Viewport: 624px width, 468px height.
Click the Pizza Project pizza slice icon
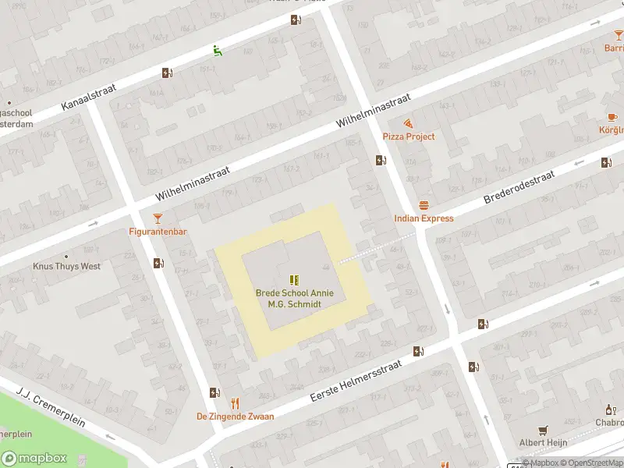pyautogui.click(x=408, y=124)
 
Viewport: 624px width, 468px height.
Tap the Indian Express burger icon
pyautogui.click(x=424, y=206)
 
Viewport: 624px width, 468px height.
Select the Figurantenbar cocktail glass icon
pyautogui.click(x=158, y=218)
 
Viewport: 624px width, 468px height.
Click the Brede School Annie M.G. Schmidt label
pyautogui.click(x=295, y=298)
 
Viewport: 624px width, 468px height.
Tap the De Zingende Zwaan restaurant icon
pyautogui.click(x=235, y=403)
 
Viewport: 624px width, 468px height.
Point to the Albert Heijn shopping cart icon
pyautogui.click(x=543, y=430)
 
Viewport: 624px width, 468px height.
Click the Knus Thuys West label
pyautogui.click(x=66, y=266)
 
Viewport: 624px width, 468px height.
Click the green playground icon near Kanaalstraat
pyautogui.click(x=218, y=51)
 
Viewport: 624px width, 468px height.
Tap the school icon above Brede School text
pyautogui.click(x=294, y=279)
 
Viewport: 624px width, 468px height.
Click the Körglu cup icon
pyautogui.click(x=612, y=116)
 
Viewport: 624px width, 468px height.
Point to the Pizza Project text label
pyautogui.click(x=409, y=136)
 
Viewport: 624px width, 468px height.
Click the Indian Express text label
pyautogui.click(x=424, y=218)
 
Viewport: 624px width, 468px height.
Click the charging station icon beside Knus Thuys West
pyautogui.click(x=159, y=264)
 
